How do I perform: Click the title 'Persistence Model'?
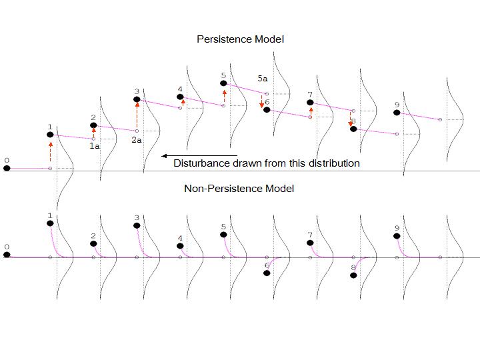pos(240,39)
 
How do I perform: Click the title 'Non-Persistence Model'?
pos(239,189)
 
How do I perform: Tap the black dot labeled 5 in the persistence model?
pos(223,83)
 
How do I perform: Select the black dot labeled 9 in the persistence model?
pos(397,113)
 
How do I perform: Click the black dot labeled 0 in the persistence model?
pos(7,169)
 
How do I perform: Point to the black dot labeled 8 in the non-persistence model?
pos(353,275)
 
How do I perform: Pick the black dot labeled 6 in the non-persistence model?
pos(267,273)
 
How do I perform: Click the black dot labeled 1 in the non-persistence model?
pos(50,223)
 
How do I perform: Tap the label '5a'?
pos(263,79)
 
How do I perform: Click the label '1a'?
pos(94,145)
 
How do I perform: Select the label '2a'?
pos(136,140)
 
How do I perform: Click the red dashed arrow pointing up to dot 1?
pos(50,152)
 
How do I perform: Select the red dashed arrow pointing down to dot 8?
pos(350,118)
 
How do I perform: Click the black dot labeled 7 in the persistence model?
pos(310,103)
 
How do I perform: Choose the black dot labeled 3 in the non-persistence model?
pos(137,225)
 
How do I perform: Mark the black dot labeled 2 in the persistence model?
pos(93,125)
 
